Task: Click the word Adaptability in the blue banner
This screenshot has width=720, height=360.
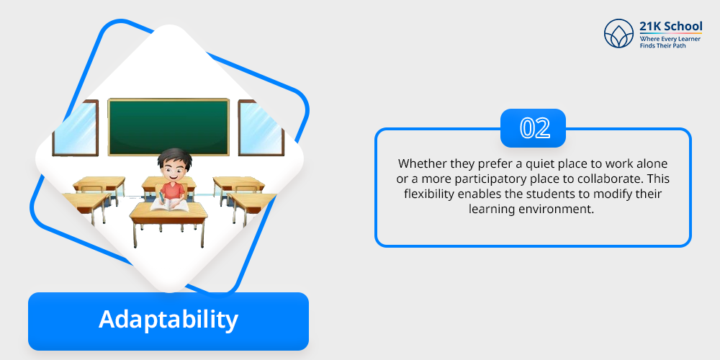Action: point(168,320)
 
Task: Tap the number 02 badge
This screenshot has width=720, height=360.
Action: point(533,128)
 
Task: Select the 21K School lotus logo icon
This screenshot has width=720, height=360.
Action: point(618,34)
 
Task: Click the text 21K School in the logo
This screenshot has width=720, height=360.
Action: point(671,26)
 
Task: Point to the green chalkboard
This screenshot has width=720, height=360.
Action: point(168,127)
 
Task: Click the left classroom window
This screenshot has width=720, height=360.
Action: point(76,128)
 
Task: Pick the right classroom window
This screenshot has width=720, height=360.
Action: point(261,128)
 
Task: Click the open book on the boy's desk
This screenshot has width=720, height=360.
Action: point(169,204)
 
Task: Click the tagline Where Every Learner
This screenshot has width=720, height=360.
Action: point(670,40)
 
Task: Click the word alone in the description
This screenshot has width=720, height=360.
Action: point(654,163)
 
